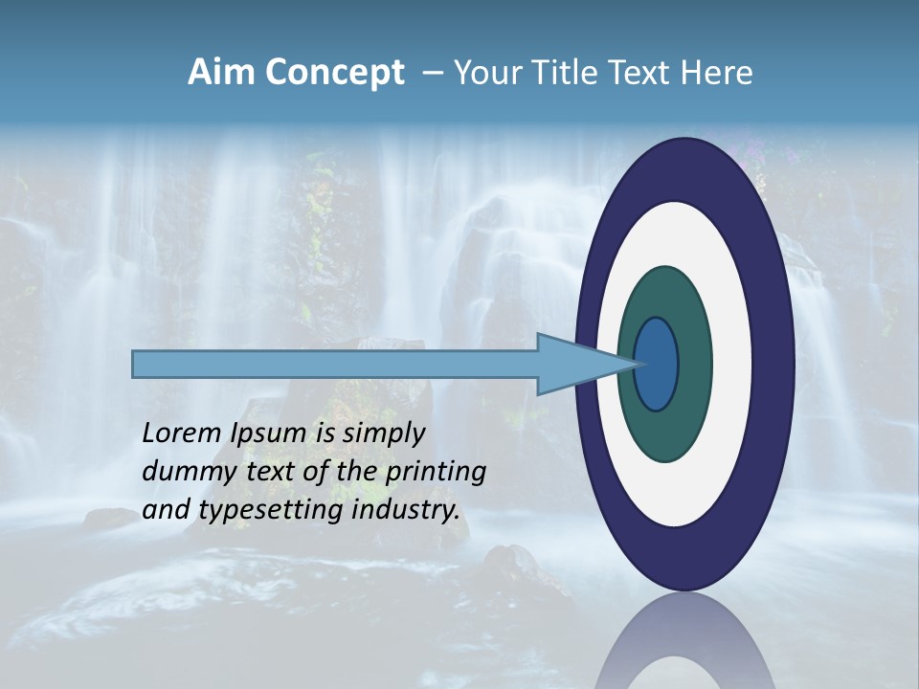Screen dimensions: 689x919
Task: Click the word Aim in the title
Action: click(219, 73)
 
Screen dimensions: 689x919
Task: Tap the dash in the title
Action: click(432, 74)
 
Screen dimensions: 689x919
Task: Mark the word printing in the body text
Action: click(436, 473)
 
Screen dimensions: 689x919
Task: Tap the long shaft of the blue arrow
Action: click(335, 364)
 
